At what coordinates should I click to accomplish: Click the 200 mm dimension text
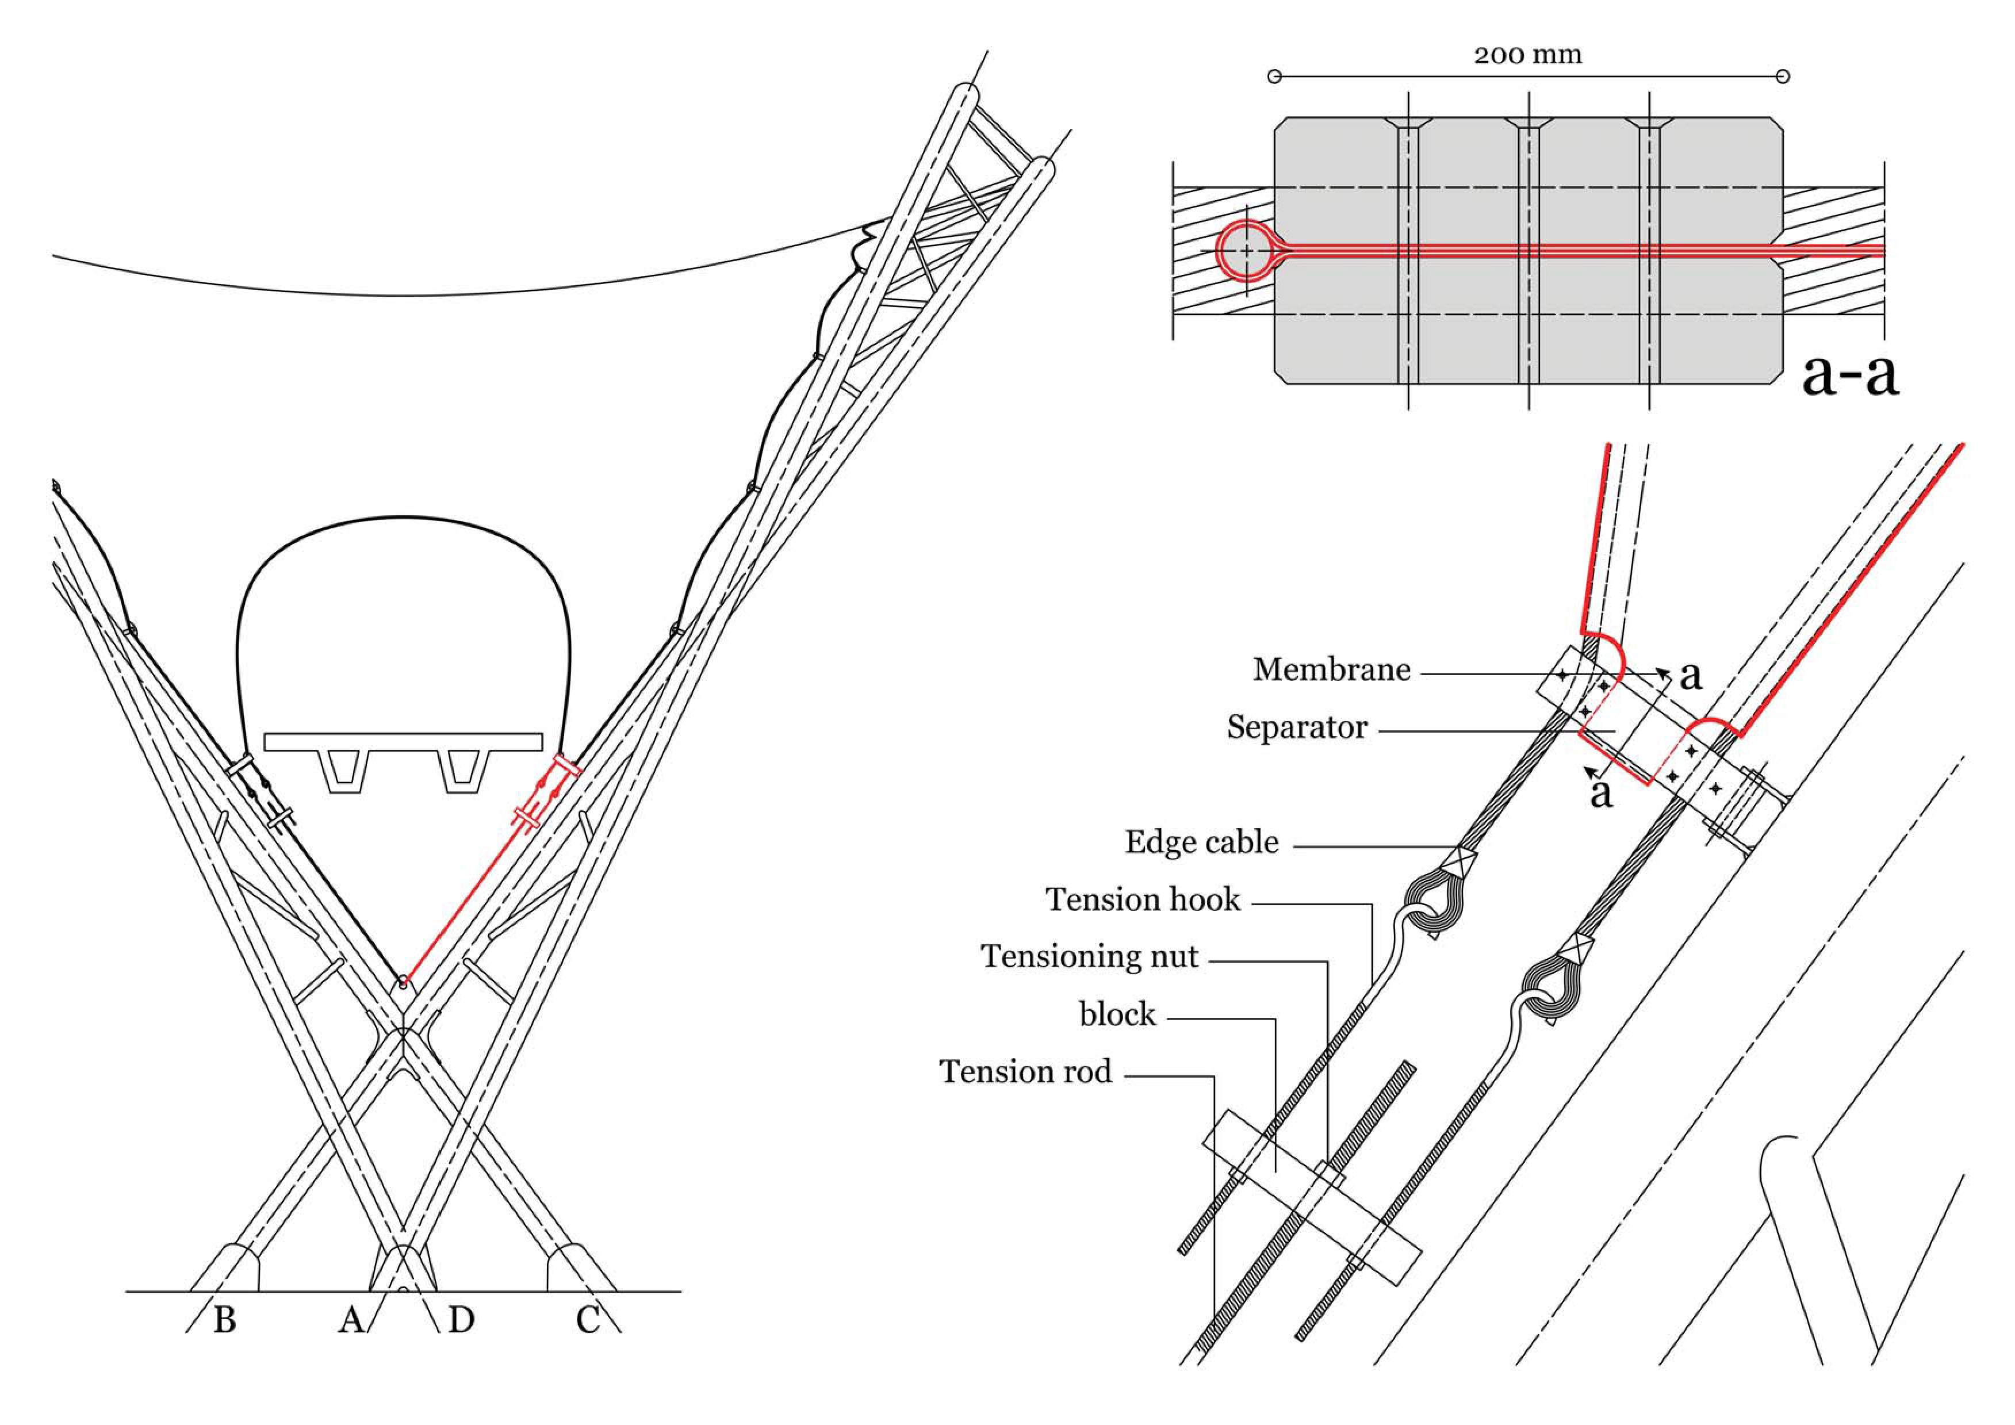[1528, 55]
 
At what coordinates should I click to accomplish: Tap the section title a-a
[1849, 375]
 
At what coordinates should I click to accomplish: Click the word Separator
[1297, 727]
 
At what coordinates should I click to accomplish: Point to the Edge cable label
[1201, 842]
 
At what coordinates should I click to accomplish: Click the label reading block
[1117, 1014]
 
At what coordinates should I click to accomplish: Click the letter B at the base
[225, 1320]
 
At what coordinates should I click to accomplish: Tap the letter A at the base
[351, 1320]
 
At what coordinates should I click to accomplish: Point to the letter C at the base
[587, 1320]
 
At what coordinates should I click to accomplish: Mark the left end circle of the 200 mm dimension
[1275, 76]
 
